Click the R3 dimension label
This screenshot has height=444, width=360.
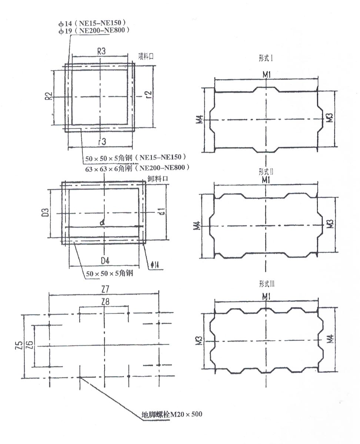coord(101,52)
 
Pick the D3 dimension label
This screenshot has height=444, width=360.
coord(45,213)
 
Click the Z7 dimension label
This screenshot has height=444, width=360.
coord(106,288)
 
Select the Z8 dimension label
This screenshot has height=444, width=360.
coord(105,302)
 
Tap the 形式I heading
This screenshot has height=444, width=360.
coord(266,58)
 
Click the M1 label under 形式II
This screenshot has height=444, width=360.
coord(266,180)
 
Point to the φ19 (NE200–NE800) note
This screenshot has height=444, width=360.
coord(94,31)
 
